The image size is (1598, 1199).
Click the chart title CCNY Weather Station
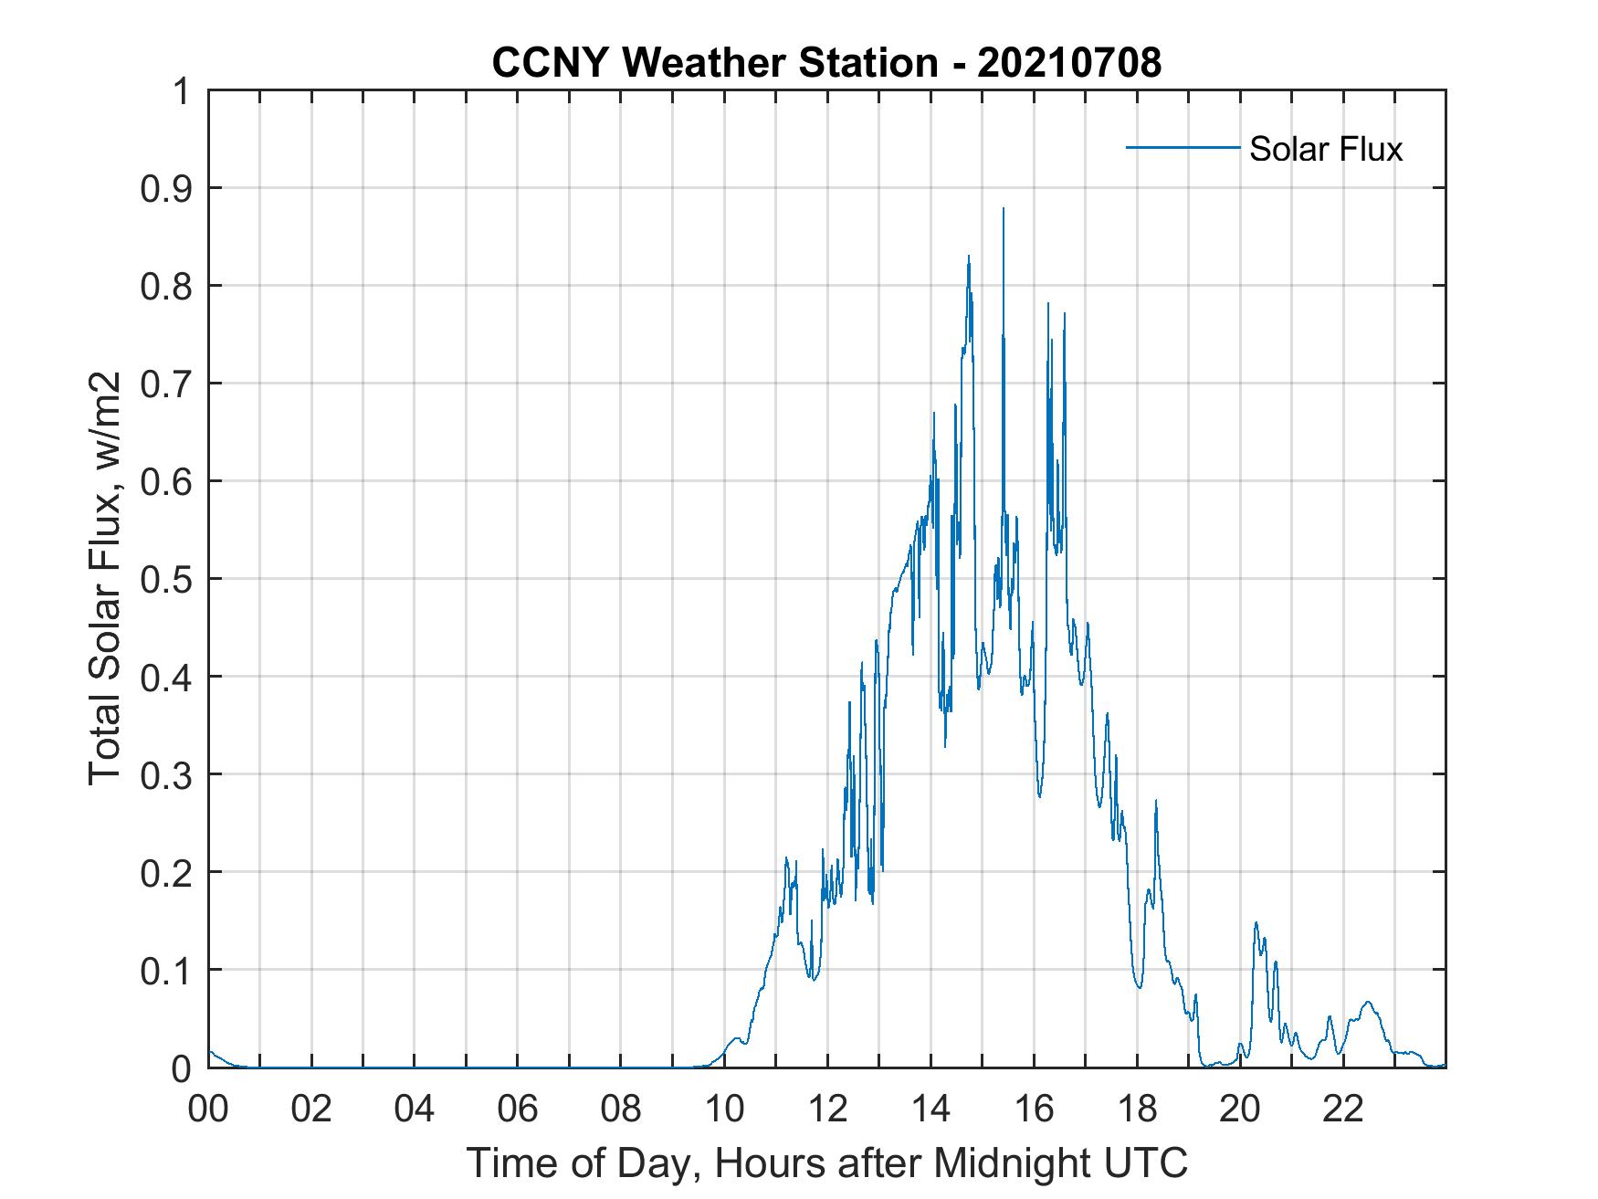[x=714, y=63]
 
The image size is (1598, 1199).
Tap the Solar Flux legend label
[x=1325, y=149]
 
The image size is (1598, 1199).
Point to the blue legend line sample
[x=1183, y=147]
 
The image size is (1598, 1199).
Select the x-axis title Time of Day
[x=826, y=1163]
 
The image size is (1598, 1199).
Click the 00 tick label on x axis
[x=208, y=1110]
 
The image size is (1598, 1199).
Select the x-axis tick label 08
[x=621, y=1110]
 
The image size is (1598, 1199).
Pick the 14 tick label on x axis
[x=930, y=1110]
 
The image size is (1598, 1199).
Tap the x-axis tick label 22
[x=1343, y=1110]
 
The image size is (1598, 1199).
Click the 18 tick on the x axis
[x=1137, y=1110]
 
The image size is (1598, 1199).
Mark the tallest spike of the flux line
[x=1004, y=210]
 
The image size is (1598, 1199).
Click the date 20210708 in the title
[x=1069, y=63]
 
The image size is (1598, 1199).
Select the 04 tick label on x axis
[x=415, y=1110]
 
